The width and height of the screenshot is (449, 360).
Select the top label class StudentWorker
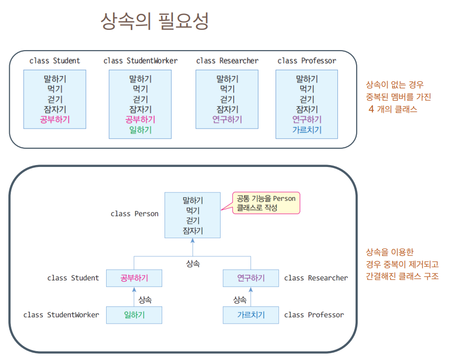tap(140, 61)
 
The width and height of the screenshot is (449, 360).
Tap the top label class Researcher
tap(227, 61)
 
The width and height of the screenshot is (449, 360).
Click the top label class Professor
tap(307, 61)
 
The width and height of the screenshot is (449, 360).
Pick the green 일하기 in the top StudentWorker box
tap(140, 130)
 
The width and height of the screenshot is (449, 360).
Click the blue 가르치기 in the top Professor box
tap(307, 130)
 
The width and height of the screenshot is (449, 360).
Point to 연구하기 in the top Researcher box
tap(227, 119)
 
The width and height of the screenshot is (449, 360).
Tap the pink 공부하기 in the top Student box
tap(55, 119)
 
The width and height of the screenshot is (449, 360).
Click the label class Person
tap(135, 214)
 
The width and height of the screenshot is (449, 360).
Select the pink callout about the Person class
tap(265, 203)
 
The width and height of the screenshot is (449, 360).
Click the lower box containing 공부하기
tap(134, 278)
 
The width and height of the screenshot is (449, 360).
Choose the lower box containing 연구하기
tap(251, 278)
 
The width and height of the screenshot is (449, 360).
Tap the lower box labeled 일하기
tap(134, 315)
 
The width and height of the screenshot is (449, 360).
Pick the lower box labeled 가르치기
tap(251, 315)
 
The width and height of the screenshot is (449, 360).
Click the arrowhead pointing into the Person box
tap(193, 241)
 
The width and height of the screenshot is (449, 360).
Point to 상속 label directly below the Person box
tap(193, 264)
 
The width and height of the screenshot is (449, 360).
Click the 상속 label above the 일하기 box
tap(145, 299)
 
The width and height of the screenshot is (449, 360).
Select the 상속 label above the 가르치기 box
tap(240, 299)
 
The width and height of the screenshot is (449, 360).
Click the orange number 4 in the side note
tap(371, 109)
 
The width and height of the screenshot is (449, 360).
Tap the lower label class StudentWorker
tap(61, 315)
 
